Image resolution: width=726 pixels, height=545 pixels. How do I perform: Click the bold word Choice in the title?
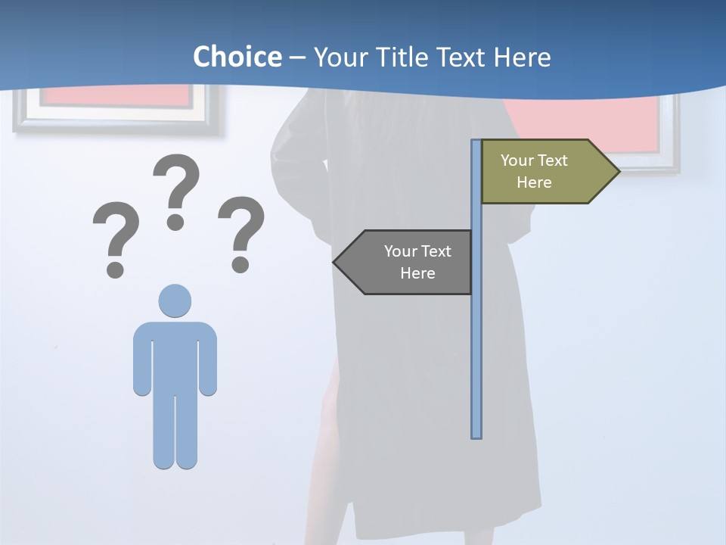tap(237, 57)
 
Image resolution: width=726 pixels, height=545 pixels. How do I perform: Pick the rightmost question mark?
tap(241, 232)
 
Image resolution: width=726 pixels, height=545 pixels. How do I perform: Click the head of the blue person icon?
tap(175, 301)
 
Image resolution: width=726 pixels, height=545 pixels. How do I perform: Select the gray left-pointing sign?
tap(408, 262)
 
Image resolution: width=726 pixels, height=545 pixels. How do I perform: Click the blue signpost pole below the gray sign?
tap(476, 363)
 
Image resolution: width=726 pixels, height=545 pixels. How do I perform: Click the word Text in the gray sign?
tap(435, 251)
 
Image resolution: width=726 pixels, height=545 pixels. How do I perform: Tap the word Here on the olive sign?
tap(534, 182)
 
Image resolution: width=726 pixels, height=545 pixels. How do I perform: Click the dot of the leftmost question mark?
tap(115, 269)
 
